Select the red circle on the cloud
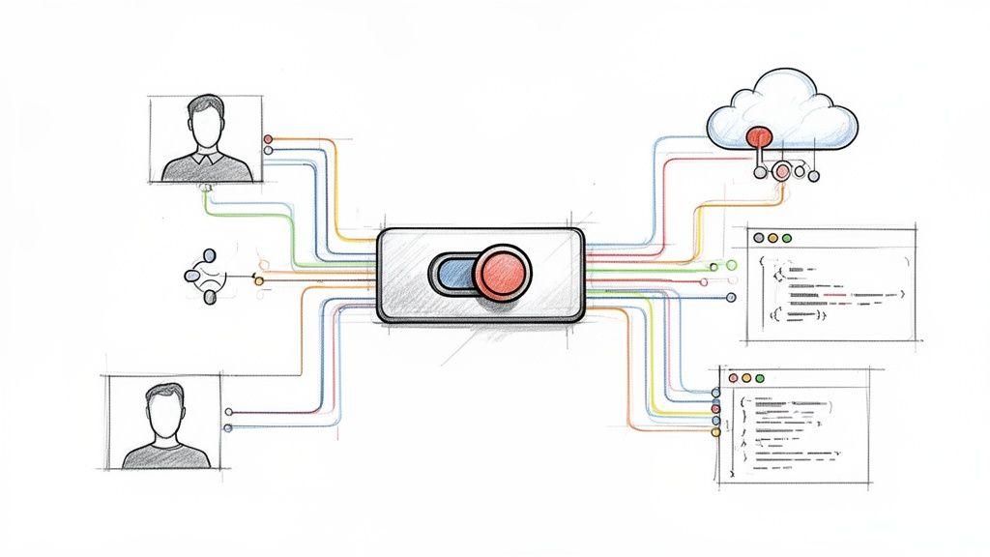pos(759,137)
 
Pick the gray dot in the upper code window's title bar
pos(757,237)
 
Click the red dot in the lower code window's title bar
pos(732,377)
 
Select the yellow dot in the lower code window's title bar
pos(745,377)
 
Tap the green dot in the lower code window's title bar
pos(760,377)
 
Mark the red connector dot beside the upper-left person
pos(268,139)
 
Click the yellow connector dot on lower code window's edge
pos(716,432)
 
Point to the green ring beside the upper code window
pos(731,265)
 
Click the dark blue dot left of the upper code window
pos(731,298)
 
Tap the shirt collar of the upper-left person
pos(205,157)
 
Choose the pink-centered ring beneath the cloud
pos(781,172)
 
